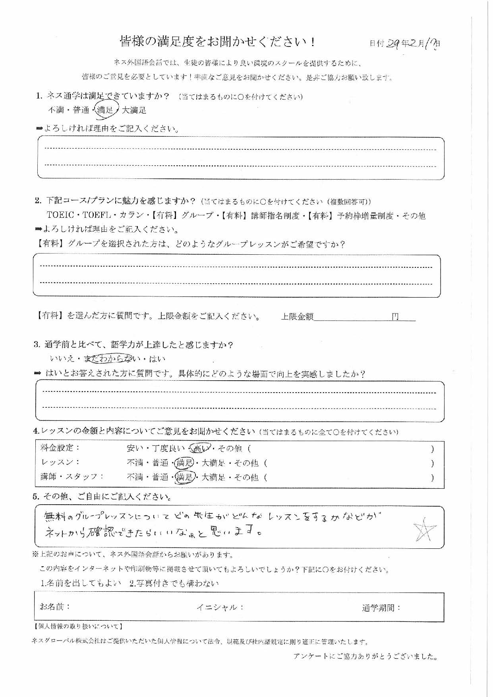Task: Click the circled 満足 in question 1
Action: [106, 110]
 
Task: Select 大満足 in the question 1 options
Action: [134, 110]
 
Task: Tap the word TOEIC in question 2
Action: [60, 215]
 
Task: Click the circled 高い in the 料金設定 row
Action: [199, 449]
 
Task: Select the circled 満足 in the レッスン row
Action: [185, 463]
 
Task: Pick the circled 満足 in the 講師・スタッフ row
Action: [185, 477]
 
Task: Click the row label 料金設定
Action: [60, 448]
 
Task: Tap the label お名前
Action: [55, 607]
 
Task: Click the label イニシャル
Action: [220, 608]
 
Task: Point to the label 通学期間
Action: [381, 608]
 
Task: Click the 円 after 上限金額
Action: [395, 317]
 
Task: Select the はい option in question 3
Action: [157, 359]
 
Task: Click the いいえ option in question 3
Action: [62, 358]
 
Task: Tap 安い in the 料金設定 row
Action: [135, 449]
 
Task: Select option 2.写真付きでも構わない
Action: [174, 583]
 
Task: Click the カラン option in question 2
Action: [131, 215]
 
